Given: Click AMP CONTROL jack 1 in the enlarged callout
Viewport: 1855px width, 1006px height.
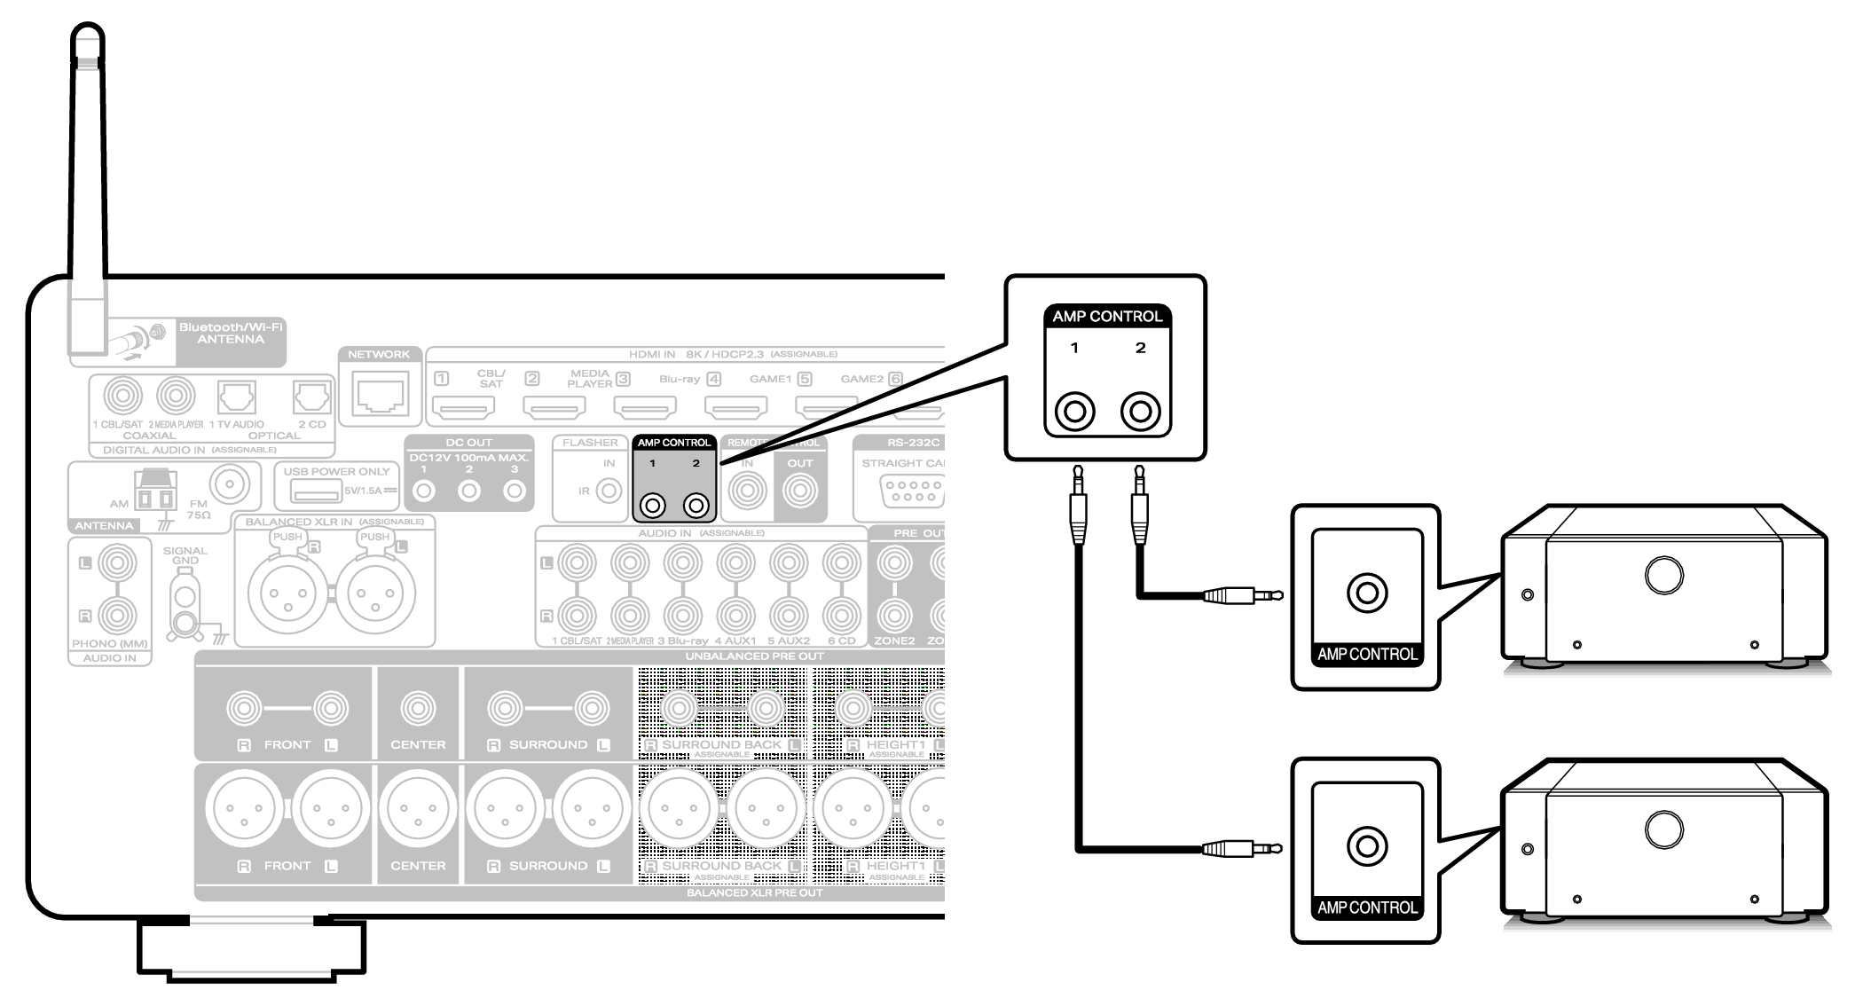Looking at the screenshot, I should (1074, 412).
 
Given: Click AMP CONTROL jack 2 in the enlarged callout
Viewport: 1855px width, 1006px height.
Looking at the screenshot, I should (1140, 412).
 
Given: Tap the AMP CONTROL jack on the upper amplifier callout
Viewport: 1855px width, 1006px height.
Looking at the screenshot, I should (1366, 593).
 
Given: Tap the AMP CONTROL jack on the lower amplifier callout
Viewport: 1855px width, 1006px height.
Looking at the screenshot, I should (1366, 846).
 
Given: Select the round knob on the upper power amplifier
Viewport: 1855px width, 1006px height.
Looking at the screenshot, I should (1663, 575).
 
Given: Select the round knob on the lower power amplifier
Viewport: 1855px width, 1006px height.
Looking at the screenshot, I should (1663, 829).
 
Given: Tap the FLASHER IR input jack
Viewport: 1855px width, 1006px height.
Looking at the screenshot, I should (609, 491).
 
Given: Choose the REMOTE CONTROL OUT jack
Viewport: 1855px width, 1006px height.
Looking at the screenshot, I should (799, 491).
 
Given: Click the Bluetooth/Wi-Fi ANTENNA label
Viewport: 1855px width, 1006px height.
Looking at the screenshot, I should (231, 334).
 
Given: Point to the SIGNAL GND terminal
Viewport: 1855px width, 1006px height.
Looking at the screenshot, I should (185, 612).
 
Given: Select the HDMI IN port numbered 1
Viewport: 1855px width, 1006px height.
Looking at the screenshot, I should (463, 407).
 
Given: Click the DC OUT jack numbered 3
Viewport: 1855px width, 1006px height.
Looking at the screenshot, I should (514, 491).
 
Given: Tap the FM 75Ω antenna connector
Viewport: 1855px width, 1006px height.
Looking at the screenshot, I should (230, 484).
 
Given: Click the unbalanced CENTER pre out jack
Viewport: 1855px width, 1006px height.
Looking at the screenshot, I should (418, 708).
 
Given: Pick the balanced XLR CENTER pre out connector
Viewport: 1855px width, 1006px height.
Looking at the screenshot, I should (418, 809).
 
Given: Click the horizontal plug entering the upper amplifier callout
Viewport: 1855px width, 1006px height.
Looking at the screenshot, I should (1242, 595).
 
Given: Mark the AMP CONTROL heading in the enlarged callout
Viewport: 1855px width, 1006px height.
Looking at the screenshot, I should (1107, 317).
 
